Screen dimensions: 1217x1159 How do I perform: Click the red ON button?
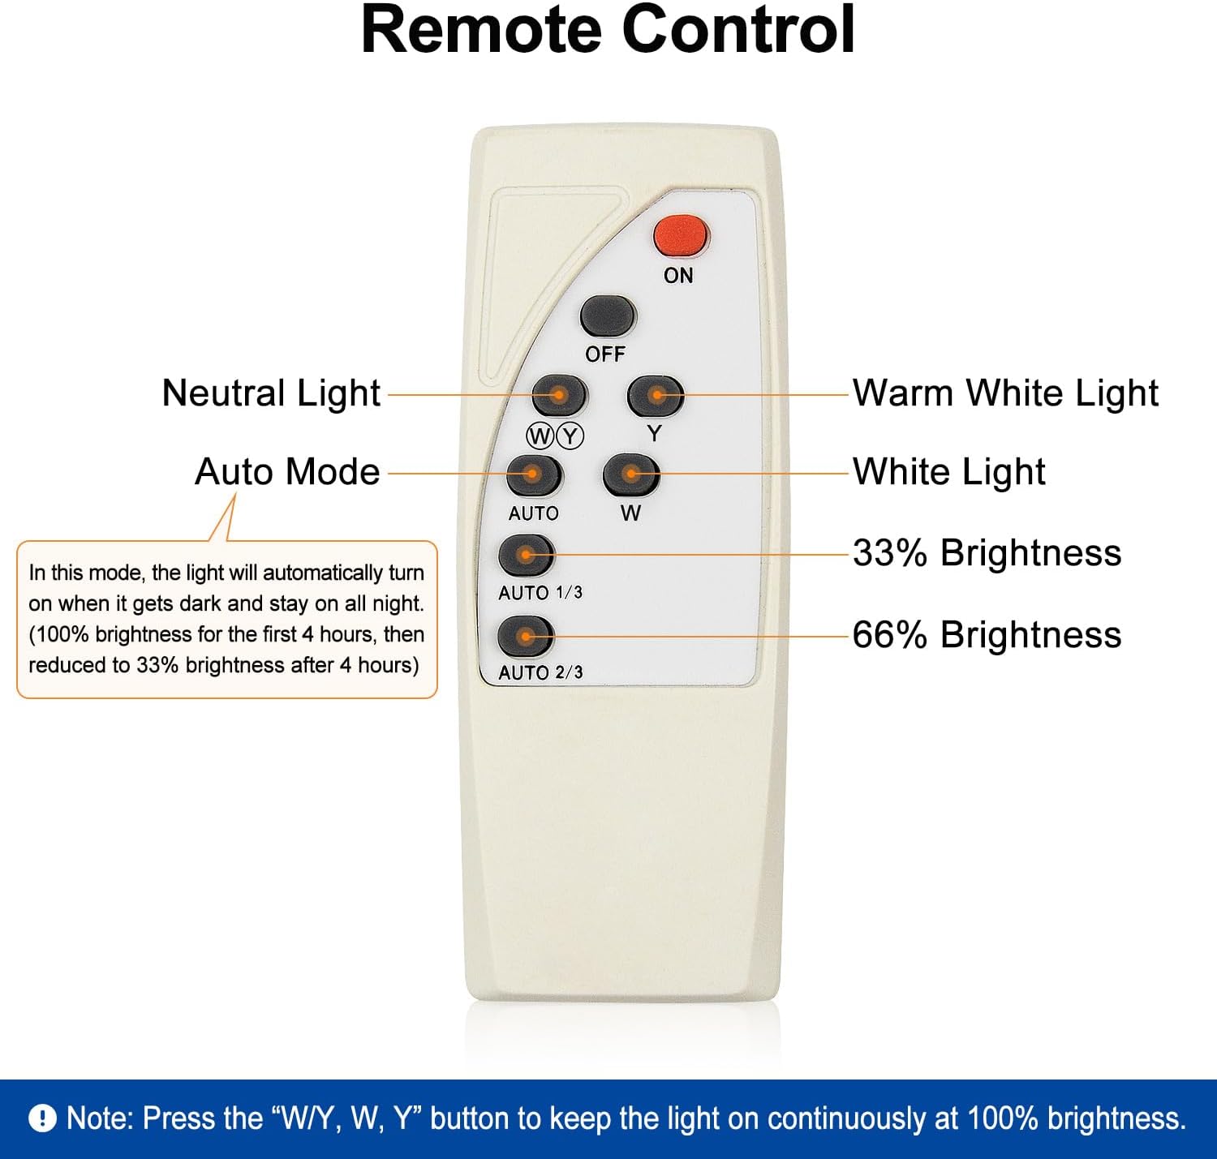tap(681, 235)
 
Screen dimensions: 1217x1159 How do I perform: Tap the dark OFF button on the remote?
tap(608, 316)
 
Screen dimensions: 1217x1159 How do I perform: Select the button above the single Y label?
tap(656, 395)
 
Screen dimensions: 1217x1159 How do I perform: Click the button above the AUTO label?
tap(534, 475)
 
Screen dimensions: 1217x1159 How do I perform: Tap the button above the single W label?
tap(630, 474)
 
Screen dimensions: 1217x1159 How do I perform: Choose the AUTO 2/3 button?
tap(526, 636)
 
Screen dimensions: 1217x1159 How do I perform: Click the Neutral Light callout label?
tap(271, 393)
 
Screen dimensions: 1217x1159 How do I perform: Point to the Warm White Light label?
tap(1005, 393)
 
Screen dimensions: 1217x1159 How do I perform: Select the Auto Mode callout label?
tap(287, 472)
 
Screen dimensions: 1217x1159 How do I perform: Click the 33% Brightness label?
tap(987, 552)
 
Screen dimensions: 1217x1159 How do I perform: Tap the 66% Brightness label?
tap(987, 635)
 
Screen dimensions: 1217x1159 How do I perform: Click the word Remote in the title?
tap(481, 30)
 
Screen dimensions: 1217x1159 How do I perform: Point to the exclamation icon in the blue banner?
tap(43, 1118)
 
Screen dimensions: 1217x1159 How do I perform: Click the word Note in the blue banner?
tap(99, 1118)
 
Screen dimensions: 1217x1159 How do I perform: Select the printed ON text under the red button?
tap(678, 276)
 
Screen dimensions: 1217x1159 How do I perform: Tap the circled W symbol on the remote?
tap(540, 436)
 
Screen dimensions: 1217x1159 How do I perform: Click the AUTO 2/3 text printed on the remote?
tap(540, 672)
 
